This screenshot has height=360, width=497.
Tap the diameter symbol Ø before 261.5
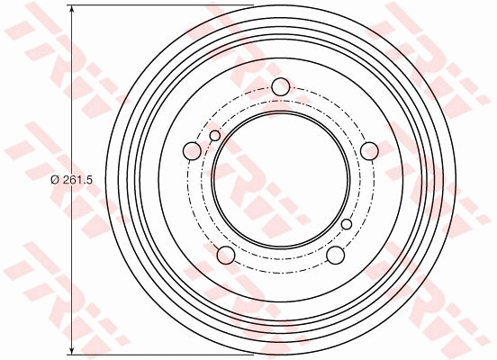[54, 181]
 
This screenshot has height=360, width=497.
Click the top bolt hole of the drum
[280, 87]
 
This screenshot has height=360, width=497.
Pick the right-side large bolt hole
[369, 151]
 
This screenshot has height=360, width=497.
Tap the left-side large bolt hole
[192, 151]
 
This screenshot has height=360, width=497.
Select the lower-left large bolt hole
[225, 256]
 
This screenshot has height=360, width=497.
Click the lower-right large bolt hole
[335, 256]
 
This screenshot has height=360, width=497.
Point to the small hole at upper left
[214, 136]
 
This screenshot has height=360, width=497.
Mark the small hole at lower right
[347, 224]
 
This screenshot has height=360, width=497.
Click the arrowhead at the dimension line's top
[70, 12]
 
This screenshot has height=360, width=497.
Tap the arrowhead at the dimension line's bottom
[70, 349]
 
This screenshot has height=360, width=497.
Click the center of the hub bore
[280, 181]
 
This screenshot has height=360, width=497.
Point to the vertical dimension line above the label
[70, 90]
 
